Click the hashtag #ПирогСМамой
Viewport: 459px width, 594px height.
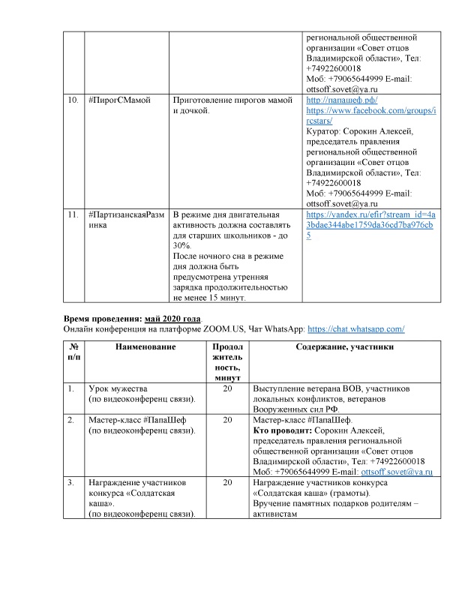[x=119, y=100]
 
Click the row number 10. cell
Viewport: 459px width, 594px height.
[x=72, y=100]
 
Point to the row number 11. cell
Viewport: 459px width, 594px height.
[x=72, y=214]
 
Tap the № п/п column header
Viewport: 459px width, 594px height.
[x=74, y=352]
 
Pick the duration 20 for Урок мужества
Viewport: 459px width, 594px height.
[x=227, y=388]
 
